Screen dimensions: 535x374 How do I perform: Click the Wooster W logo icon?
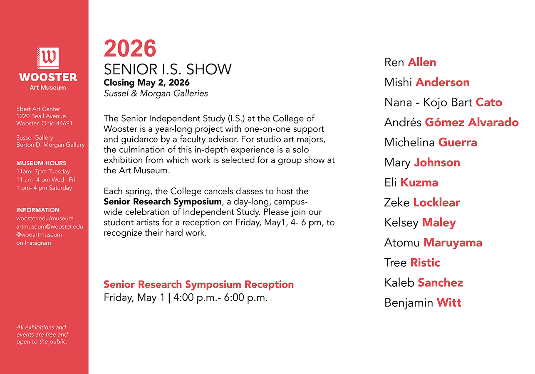pos(48,58)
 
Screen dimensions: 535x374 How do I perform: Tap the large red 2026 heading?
pos(130,49)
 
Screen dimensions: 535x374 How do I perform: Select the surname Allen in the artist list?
pos(422,62)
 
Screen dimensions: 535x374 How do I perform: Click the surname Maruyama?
pos(453,243)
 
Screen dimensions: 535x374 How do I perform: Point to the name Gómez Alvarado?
pos(472,122)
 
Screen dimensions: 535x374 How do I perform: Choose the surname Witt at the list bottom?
pos(449,303)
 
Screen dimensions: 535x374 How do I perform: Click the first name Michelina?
pos(409,143)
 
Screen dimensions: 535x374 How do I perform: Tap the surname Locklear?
pos(436,202)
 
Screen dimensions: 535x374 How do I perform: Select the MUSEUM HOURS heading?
pos(41,163)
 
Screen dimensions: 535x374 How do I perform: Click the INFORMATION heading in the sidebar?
pos(38,210)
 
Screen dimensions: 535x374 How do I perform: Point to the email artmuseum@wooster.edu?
pos(50,226)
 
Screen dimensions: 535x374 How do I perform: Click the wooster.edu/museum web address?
pos(45,218)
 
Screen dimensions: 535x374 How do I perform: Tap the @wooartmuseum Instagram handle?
pos(39,235)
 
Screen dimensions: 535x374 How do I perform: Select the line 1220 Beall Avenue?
pos(41,116)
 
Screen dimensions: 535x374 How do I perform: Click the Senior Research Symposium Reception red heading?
pos(199,285)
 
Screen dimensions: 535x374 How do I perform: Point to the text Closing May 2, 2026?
pos(146,83)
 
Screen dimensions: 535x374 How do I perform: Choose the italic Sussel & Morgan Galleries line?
pos(156,93)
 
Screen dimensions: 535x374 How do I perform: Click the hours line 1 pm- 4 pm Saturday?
pos(44,188)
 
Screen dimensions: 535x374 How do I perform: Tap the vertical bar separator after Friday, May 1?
pos(169,298)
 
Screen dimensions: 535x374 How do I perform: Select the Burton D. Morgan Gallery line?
pos(50,145)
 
